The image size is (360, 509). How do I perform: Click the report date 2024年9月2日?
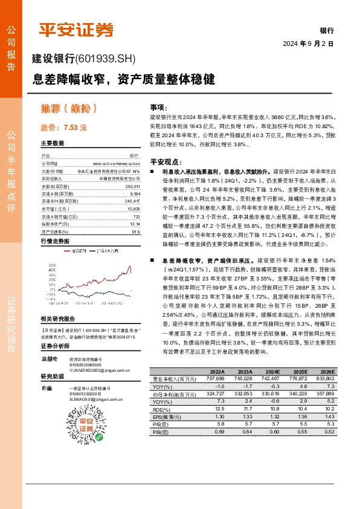point(308,44)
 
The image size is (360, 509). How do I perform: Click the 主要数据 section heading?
point(53,144)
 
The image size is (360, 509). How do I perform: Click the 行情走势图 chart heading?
point(56,240)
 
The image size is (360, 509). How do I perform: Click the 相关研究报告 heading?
point(57,318)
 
